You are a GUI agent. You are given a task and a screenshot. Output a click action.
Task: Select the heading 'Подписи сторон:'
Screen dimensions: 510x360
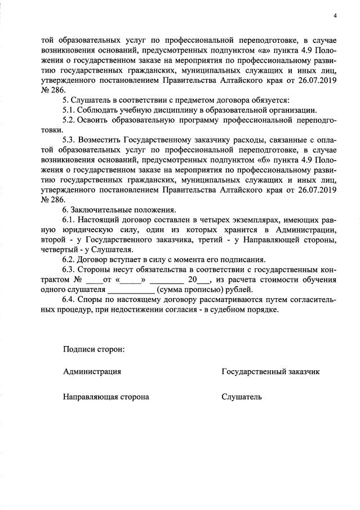click(94, 348)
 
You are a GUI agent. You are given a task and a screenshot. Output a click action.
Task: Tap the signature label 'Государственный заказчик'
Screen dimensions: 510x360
click(271, 372)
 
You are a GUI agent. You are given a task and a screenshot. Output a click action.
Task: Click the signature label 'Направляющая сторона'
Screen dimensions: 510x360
click(106, 397)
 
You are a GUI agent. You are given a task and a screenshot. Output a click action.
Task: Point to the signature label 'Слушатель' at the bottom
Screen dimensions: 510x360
click(242, 397)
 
